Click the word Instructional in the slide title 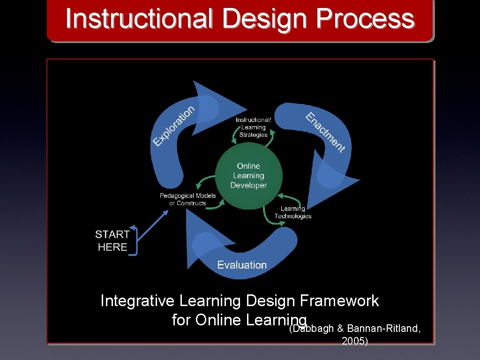tap(139, 20)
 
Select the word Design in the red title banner tap(264, 20)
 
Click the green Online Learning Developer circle tap(248, 176)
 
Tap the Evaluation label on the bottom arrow tap(242, 265)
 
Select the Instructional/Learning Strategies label tap(253, 127)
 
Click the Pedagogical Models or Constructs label tap(187, 199)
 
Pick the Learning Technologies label tap(293, 212)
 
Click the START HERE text tap(112, 240)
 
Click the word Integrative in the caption tap(136, 301)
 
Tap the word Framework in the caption tap(339, 301)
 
